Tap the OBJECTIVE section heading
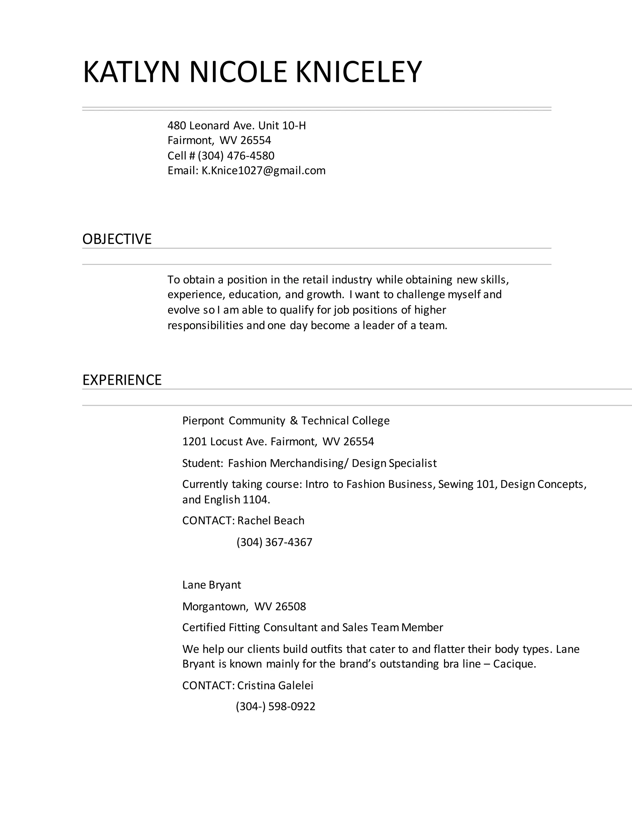(117, 239)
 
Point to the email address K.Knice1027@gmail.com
(263, 170)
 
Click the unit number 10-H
(294, 126)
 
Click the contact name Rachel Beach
(271, 521)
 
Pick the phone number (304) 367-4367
(274, 542)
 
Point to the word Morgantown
(215, 606)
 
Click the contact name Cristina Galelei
(275, 685)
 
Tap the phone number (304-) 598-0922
(275, 706)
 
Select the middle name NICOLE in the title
(238, 72)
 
